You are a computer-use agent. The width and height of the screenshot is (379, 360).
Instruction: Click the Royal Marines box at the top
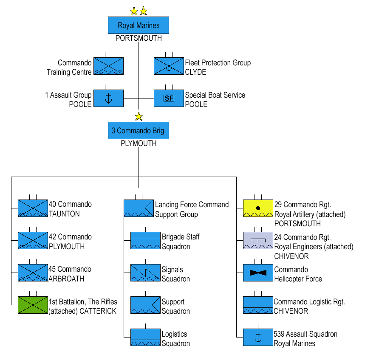coord(138,25)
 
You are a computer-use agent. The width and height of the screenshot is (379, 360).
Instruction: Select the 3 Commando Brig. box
coord(138,131)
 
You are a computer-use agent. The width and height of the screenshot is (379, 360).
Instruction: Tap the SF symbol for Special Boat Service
coord(169,98)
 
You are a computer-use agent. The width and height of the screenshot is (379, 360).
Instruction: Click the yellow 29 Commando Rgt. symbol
coord(258,208)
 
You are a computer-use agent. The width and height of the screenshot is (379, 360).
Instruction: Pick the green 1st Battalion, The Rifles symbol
coord(33,305)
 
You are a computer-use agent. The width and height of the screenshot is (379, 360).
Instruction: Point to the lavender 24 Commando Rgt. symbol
coord(258,240)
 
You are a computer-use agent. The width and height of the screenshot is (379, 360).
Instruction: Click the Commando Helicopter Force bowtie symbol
coord(258,273)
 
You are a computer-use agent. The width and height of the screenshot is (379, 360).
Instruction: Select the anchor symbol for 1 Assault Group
coord(108,98)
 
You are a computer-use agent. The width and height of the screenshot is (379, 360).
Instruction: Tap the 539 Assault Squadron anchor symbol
coord(258,337)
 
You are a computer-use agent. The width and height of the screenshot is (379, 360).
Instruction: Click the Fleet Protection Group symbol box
coord(169,66)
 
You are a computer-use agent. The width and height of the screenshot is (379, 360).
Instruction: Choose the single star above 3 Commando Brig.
coord(139,116)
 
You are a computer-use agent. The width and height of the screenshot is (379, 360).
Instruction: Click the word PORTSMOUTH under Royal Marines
coord(139,38)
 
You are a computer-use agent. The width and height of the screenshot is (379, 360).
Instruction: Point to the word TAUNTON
coord(64,214)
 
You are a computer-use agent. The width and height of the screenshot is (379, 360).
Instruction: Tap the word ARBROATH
coord(66,279)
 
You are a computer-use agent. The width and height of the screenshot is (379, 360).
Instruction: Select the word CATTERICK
coord(98,311)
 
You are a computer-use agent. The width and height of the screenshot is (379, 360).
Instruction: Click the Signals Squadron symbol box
coord(145,273)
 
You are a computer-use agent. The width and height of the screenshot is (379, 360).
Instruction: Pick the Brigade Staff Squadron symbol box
coord(145,240)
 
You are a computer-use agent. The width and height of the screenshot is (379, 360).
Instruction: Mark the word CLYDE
coord(195,72)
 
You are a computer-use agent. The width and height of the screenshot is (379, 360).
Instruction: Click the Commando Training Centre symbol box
coord(108,66)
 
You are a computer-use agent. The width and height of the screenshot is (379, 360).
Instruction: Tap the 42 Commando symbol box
coord(33,240)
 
